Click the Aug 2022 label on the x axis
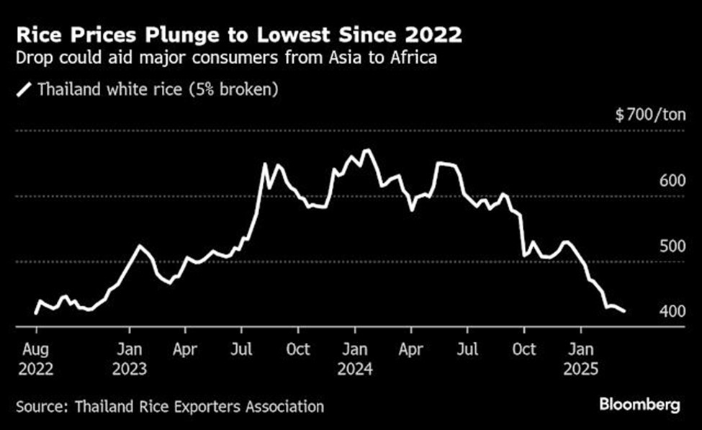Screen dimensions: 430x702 [36, 359]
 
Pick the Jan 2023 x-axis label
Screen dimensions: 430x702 [130, 359]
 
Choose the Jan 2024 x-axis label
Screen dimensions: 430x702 [354, 359]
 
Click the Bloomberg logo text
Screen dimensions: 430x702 [639, 406]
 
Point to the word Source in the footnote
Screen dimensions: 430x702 [37, 406]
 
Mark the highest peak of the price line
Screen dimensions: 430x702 [366, 150]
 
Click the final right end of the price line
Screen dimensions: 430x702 [624, 311]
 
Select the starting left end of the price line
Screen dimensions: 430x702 [35, 313]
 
